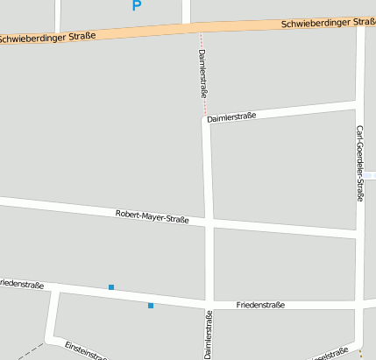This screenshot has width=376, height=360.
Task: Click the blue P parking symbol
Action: [136, 5]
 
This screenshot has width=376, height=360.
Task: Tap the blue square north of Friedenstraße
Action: [111, 287]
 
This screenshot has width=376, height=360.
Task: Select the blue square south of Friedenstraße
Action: [151, 306]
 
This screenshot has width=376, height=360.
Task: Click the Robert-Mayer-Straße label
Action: [153, 215]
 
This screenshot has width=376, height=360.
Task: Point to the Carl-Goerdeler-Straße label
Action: [359, 163]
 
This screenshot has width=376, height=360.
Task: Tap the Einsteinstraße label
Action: [86, 351]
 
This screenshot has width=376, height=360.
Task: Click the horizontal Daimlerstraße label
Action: [232, 116]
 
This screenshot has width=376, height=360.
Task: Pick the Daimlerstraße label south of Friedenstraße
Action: [209, 335]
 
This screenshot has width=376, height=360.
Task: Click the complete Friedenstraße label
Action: [260, 305]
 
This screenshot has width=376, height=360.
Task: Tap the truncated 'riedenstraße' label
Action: [22, 285]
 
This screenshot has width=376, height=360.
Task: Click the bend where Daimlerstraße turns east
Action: [206, 121]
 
